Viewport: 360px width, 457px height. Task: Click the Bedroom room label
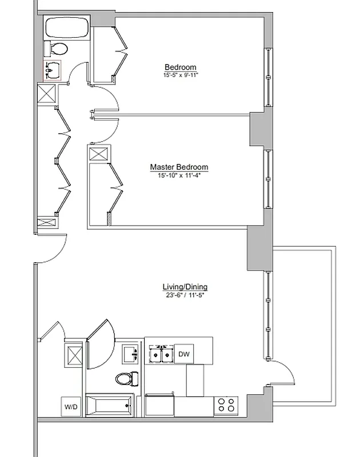[180, 67]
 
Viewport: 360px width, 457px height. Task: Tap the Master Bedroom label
[179, 167]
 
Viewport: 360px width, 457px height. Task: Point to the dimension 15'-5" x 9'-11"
[180, 75]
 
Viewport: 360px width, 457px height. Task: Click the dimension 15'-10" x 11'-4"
[179, 175]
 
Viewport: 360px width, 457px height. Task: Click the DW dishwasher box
[183, 354]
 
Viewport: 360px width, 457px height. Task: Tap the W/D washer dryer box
[71, 407]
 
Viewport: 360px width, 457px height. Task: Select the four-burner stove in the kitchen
[226, 405]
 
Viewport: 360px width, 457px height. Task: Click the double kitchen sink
[161, 355]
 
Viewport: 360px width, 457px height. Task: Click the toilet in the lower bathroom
[127, 378]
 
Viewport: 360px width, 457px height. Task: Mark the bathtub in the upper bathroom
[66, 28]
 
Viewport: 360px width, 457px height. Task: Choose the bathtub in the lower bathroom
[110, 406]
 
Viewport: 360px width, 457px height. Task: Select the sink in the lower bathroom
[131, 354]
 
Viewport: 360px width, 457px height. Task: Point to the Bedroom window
[267, 77]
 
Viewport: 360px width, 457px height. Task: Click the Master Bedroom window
[267, 179]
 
